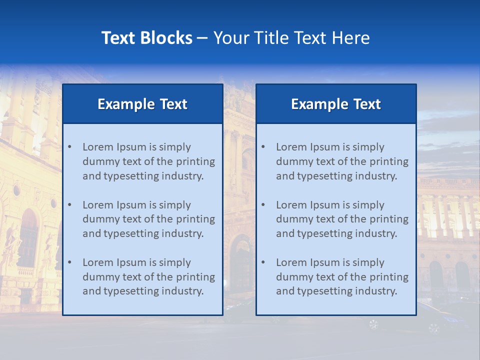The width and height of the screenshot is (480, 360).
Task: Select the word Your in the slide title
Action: [x=231, y=38]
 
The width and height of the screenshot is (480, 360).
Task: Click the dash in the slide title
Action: [x=202, y=38]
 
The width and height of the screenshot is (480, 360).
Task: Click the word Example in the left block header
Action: [x=126, y=104]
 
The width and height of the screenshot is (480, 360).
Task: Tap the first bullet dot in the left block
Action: [x=69, y=147]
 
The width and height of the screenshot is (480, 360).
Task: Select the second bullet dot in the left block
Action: [x=69, y=205]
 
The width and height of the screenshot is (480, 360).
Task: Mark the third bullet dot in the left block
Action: [x=69, y=262]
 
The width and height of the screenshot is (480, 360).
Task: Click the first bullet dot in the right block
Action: [x=263, y=147]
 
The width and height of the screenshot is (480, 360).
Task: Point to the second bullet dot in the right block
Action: [x=263, y=205]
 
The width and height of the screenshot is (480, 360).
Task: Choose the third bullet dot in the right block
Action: [x=263, y=262]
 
